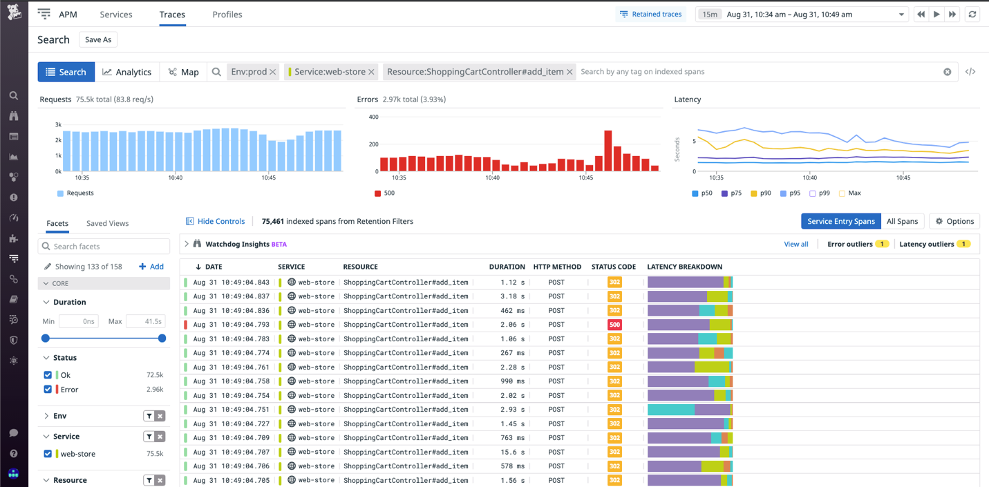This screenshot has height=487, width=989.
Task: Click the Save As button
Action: click(97, 40)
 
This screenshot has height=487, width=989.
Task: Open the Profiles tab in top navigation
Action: click(227, 15)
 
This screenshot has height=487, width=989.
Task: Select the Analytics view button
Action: click(127, 72)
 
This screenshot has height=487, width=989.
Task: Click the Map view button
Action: click(183, 72)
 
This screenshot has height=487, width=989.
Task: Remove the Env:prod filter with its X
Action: click(273, 72)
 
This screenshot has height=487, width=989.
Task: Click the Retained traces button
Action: click(650, 15)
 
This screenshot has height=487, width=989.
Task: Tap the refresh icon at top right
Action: click(972, 15)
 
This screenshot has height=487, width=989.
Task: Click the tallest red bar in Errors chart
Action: click(608, 151)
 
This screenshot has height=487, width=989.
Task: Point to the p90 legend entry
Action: click(760, 193)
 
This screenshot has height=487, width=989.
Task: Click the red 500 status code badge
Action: click(614, 325)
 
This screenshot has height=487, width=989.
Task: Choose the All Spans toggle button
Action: click(902, 222)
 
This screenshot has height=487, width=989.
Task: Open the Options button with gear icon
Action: click(954, 222)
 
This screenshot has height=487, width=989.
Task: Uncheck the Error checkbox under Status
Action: click(48, 390)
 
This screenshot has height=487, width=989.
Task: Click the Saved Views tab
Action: click(107, 224)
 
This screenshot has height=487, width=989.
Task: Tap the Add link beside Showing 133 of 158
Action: click(151, 267)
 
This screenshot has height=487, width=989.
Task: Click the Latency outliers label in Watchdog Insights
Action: click(926, 244)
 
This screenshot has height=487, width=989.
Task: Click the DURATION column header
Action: click(507, 267)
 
